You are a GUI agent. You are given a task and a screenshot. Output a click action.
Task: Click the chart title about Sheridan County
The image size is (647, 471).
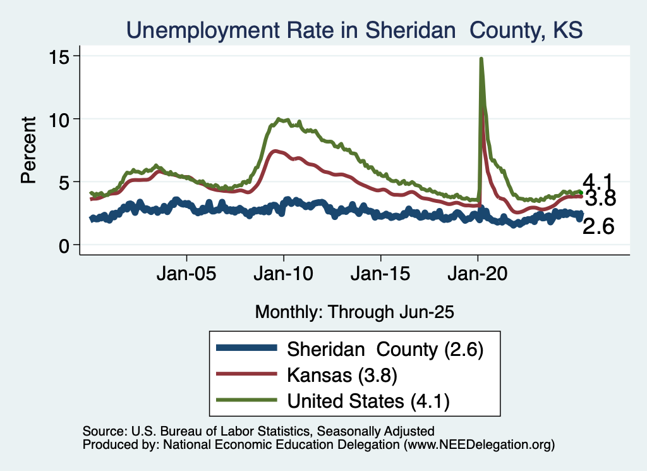click(354, 30)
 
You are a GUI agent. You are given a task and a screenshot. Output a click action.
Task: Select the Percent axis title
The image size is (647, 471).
click(28, 150)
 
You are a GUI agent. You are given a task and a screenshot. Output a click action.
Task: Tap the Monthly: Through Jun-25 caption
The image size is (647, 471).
click(354, 312)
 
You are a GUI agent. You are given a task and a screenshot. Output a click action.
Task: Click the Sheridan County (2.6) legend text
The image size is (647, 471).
click(385, 349)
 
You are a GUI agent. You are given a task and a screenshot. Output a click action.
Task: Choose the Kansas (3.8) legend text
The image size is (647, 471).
click(342, 375)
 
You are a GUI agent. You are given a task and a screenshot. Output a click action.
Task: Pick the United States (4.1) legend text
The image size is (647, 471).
click(368, 400)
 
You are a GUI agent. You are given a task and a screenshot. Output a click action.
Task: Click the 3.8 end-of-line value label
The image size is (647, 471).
click(600, 199)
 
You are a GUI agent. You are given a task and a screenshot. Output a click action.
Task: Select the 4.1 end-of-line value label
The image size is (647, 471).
click(598, 181)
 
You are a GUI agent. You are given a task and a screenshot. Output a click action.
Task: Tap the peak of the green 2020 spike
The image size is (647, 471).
click(481, 59)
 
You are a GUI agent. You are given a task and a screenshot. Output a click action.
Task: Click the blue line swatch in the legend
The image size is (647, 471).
click(246, 348)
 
